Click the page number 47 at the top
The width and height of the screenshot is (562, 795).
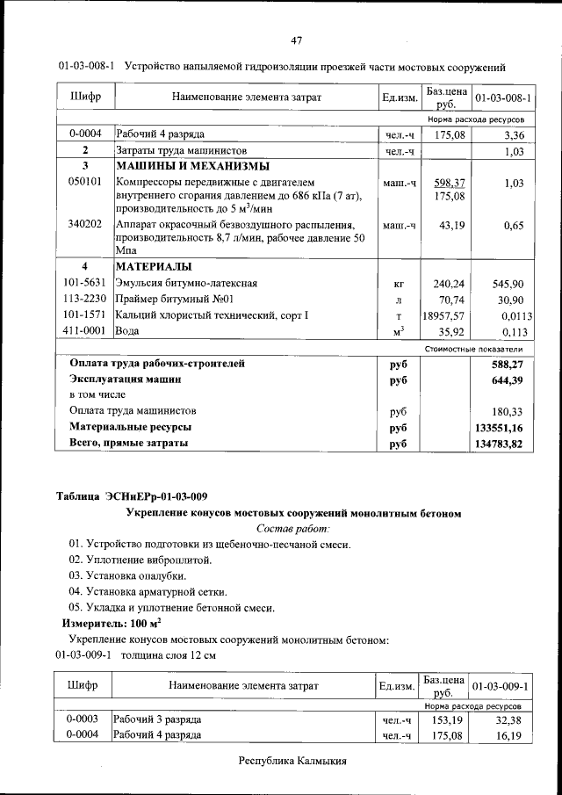(x=297, y=40)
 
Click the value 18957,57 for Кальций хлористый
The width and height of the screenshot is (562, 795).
(x=443, y=315)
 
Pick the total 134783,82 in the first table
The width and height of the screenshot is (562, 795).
(x=499, y=444)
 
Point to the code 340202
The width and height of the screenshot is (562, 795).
(x=86, y=225)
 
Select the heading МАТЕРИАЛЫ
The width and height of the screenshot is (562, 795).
(x=155, y=266)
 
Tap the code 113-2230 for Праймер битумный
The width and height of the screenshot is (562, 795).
(x=85, y=299)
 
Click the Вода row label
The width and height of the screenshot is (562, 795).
(x=128, y=332)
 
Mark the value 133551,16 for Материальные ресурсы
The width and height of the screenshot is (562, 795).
(x=499, y=428)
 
